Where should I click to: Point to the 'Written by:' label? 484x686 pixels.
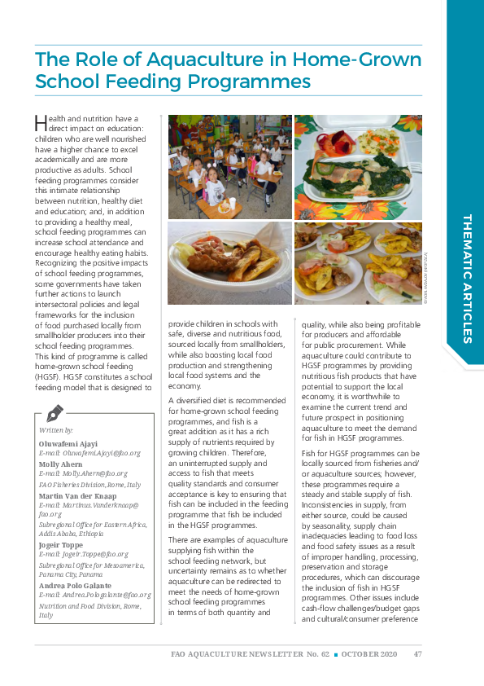pyautogui.click(x=56, y=429)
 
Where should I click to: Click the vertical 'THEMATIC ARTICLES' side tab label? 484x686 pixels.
pyautogui.click(x=466, y=278)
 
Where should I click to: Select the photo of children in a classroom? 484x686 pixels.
pyautogui.click(x=229, y=167)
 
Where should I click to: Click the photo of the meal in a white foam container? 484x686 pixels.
pyautogui.click(x=358, y=167)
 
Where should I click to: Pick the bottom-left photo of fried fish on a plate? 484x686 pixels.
pyautogui.click(x=229, y=263)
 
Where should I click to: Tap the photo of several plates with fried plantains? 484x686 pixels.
pyautogui.click(x=358, y=263)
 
